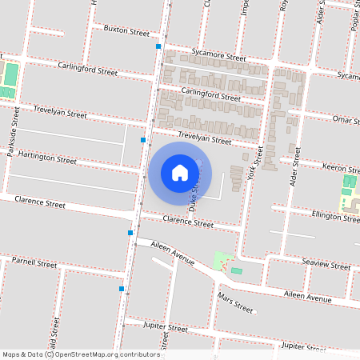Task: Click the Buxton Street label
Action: [126, 31]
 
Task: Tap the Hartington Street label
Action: [47, 158]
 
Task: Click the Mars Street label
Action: [234, 303]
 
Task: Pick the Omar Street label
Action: [347, 118]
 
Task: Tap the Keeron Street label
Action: [343, 168]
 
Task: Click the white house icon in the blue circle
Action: [180, 173]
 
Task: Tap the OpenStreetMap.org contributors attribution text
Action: [108, 354]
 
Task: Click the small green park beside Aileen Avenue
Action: [222, 259]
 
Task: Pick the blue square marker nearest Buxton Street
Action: [158, 47]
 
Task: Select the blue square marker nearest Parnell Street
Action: [122, 288]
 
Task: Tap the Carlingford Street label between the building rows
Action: [210, 96]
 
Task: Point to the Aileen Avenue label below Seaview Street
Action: [308, 298]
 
